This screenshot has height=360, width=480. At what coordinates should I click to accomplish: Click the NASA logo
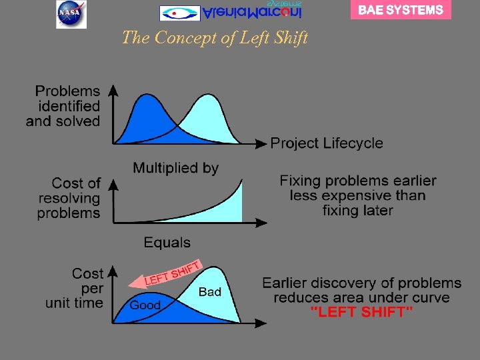tap(71, 14)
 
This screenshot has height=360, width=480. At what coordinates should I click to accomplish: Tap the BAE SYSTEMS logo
tap(401, 10)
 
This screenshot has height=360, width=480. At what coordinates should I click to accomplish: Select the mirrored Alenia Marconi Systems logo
tap(231, 11)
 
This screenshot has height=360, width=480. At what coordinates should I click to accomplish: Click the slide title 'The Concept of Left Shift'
tap(215, 38)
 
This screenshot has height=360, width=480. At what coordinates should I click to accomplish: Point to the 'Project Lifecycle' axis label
tap(327, 143)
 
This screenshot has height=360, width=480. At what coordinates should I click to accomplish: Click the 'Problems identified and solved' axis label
tap(63, 106)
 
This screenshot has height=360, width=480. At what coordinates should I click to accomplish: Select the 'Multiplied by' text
tap(175, 168)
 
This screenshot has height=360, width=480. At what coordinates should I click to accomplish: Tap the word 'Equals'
tap(167, 243)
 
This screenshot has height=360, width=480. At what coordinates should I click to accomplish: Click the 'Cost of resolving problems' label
tap(69, 198)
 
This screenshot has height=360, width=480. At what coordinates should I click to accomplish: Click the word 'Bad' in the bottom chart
tap(209, 292)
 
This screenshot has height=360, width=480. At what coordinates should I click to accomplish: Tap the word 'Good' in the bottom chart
tap(145, 305)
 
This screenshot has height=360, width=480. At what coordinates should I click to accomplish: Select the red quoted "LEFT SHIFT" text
tap(362, 313)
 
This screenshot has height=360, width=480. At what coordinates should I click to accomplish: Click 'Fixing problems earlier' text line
tap(358, 181)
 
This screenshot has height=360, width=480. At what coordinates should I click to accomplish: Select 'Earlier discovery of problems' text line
tap(361, 283)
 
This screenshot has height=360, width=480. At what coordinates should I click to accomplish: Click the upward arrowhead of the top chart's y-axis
tap(115, 89)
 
